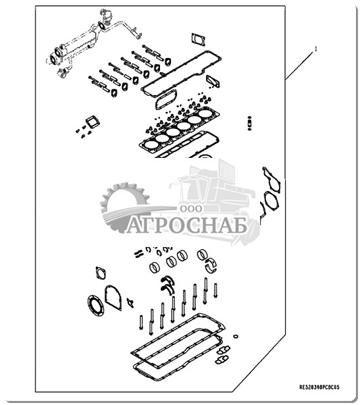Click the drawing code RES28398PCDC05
319,387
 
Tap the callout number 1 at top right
315,49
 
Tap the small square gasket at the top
198,39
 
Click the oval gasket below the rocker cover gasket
166,99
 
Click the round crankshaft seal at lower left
96,306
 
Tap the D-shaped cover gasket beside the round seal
113,297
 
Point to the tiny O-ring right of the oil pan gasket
236,336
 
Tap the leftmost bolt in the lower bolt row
141,322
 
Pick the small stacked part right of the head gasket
249,123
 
